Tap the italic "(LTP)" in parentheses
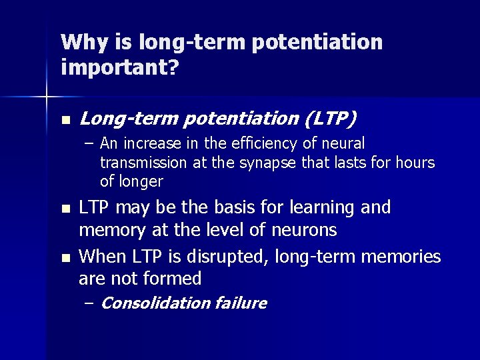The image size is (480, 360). (x=331, y=119)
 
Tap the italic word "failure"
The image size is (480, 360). (x=241, y=303)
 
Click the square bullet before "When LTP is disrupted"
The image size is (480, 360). (x=64, y=257)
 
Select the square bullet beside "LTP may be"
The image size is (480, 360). (x=64, y=209)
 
